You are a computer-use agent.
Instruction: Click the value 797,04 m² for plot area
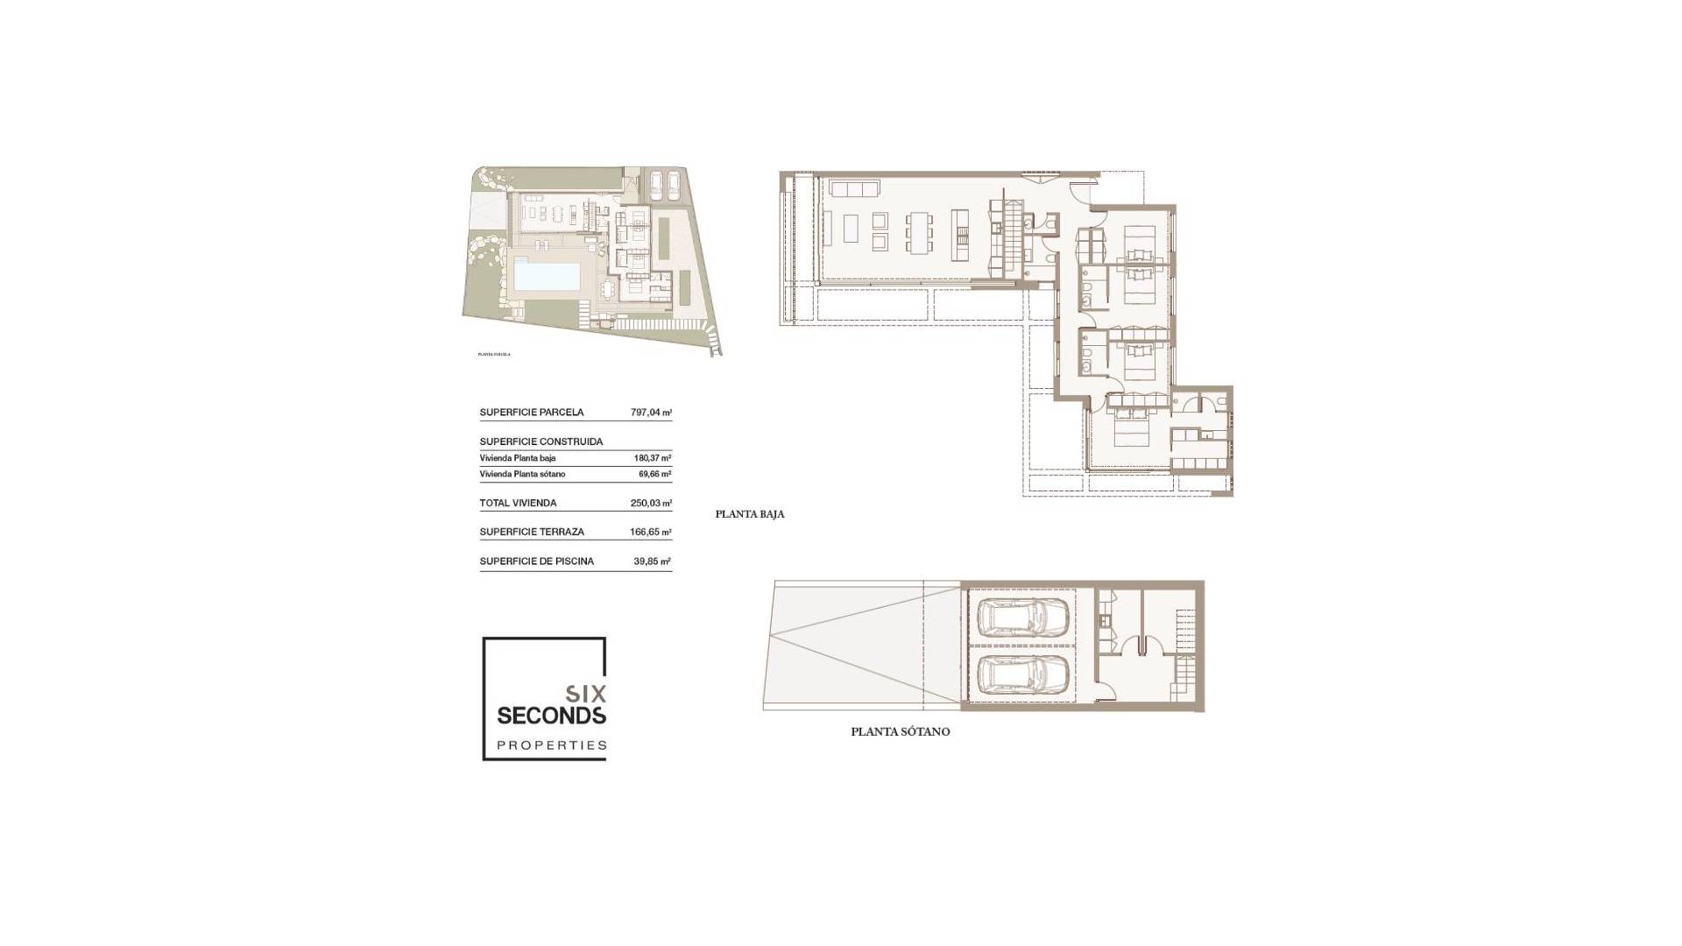pos(651,413)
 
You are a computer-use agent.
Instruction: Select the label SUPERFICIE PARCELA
pos(531,413)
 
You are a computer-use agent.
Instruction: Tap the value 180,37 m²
pos(652,458)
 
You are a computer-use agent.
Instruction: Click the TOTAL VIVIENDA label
pos(518,504)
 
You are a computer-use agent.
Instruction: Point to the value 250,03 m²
pos(651,504)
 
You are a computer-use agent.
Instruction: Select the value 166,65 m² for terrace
pos(650,532)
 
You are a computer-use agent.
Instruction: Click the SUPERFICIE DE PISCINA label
pos(536,561)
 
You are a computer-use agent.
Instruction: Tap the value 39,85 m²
pos(652,561)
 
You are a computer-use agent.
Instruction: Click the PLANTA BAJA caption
pos(750,514)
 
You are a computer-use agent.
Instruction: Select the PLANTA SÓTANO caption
pos(900,731)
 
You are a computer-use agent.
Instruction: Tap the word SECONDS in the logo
pos(551,716)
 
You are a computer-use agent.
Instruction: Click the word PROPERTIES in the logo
pos(551,746)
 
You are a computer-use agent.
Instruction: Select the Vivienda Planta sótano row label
pos(522,474)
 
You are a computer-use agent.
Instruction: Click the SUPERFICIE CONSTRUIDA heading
pos(541,442)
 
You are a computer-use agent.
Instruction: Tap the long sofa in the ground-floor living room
pos(853,190)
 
